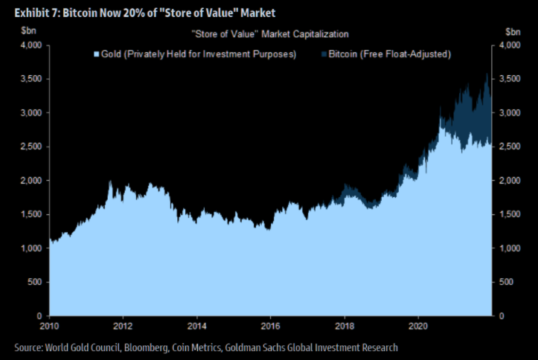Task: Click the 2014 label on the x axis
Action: point(196,325)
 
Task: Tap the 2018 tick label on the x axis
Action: point(345,325)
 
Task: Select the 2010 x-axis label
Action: point(49,325)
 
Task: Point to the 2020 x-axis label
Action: point(419,325)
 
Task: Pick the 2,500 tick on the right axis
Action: point(510,147)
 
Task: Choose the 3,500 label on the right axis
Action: point(510,79)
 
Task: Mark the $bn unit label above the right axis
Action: point(513,33)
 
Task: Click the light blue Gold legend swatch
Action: point(95,54)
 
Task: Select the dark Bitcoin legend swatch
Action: point(323,54)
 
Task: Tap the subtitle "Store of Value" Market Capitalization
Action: point(269,34)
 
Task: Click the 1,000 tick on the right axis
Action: point(510,248)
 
